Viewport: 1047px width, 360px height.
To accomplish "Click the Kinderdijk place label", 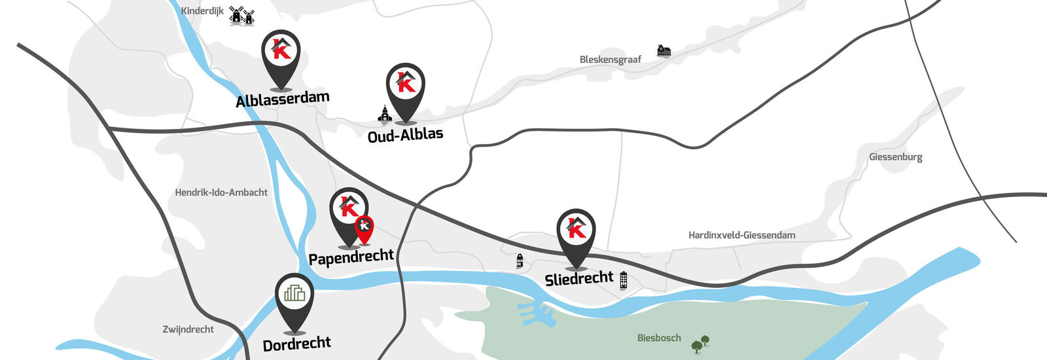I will (x=202, y=11).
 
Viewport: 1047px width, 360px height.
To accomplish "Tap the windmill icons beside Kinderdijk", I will (x=241, y=16).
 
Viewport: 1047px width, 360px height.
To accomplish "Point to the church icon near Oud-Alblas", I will (x=385, y=114).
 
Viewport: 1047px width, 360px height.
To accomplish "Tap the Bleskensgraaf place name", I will (x=610, y=60).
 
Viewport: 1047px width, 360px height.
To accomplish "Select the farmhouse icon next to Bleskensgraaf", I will (x=664, y=50).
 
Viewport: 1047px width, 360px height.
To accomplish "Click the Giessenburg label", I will (x=895, y=157).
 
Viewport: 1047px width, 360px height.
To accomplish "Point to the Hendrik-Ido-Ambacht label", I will (x=221, y=192).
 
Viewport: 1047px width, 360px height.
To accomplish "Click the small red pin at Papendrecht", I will (x=364, y=227).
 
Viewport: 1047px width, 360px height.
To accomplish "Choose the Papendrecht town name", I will (x=351, y=257).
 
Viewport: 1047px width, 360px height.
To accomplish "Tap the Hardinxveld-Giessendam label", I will (x=741, y=235).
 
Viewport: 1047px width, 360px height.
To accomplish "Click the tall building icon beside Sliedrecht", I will (x=623, y=280).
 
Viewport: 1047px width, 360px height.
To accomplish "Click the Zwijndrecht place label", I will (x=188, y=329).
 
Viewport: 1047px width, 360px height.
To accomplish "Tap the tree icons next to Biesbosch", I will (x=700, y=343).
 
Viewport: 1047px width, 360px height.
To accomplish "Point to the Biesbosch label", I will (x=659, y=338).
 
